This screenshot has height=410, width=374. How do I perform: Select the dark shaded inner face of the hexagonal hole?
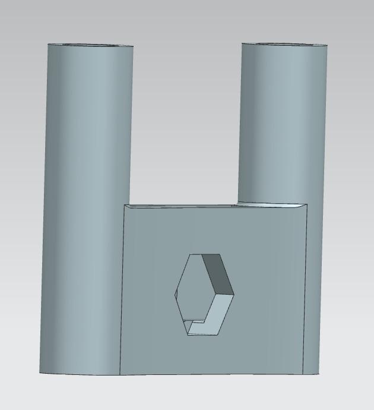217,273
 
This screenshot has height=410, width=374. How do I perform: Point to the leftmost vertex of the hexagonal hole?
175,294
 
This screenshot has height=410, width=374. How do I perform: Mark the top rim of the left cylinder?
90,45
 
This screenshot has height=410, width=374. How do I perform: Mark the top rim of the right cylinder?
284,44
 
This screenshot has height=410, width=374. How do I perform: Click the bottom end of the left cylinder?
80,373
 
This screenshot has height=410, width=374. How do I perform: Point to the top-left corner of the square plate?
125,206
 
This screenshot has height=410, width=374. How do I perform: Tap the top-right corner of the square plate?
308,204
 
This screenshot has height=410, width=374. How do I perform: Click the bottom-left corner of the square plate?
121,375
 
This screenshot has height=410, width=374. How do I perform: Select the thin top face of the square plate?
214,206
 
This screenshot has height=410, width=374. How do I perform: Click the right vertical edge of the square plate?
306,291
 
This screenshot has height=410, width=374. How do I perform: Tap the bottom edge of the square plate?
214,375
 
